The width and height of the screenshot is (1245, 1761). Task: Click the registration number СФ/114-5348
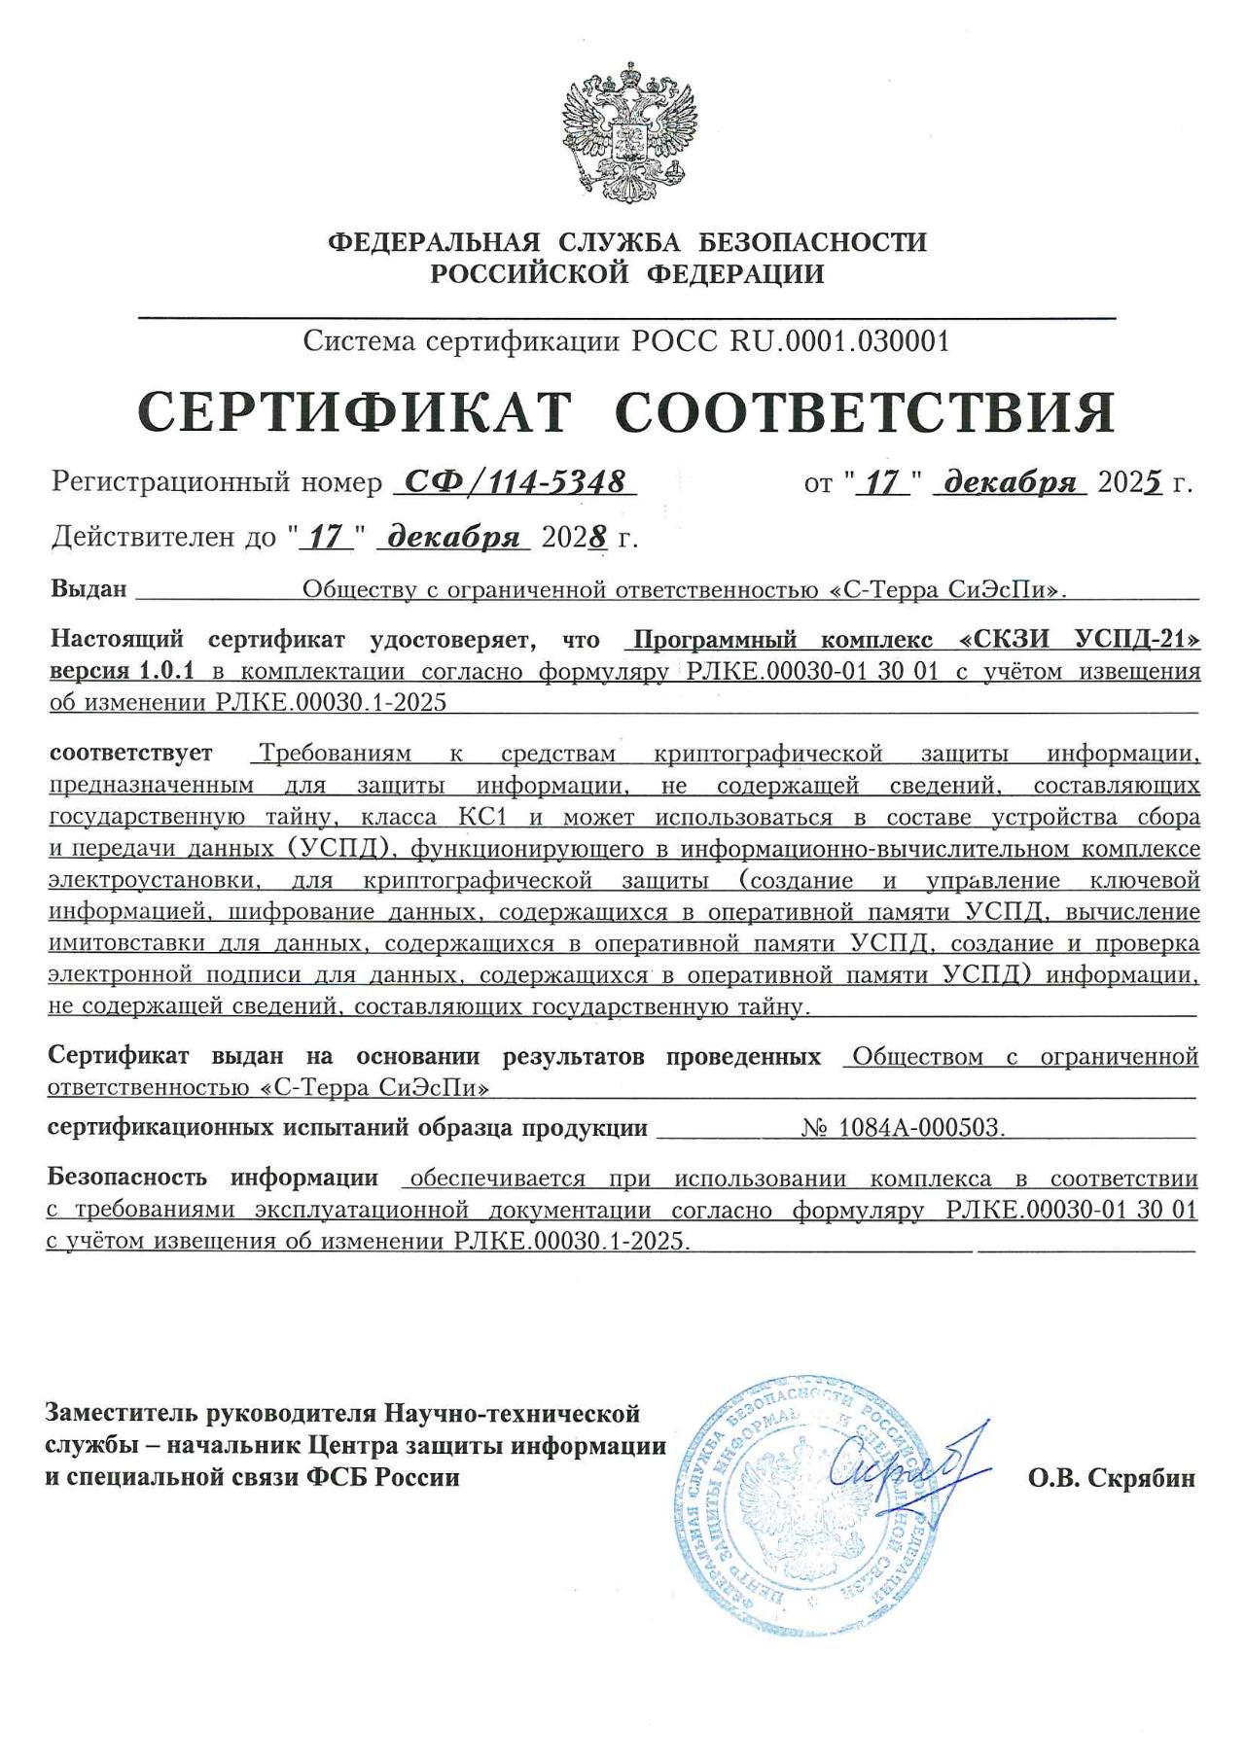click(x=514, y=481)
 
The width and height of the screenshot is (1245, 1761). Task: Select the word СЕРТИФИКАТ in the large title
click(x=355, y=413)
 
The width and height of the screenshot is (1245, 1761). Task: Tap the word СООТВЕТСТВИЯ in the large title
click(x=866, y=413)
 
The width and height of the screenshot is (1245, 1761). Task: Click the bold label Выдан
click(x=89, y=589)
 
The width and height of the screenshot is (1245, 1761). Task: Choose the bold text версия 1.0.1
click(x=123, y=671)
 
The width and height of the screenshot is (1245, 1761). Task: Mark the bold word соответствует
click(x=131, y=753)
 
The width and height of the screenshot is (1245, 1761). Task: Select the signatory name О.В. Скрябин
click(x=1112, y=1479)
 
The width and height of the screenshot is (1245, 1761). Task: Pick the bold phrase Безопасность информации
click(x=213, y=1178)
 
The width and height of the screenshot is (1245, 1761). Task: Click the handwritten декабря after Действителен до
click(x=453, y=537)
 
